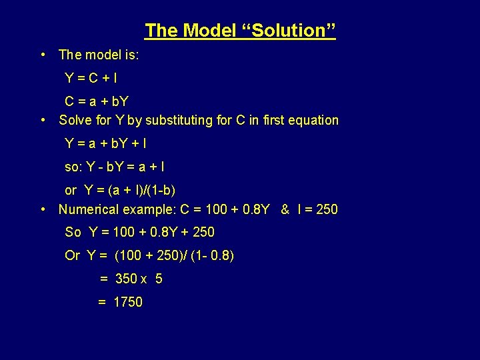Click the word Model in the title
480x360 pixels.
(207, 31)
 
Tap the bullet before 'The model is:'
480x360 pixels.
(42, 55)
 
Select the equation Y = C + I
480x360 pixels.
(91, 78)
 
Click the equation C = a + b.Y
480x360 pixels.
(97, 102)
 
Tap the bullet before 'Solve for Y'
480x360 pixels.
(42, 121)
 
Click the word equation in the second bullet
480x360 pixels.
(312, 121)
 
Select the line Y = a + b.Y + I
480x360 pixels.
(106, 143)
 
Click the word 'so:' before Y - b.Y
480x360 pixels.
(73, 167)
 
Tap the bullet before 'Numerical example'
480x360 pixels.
(42, 209)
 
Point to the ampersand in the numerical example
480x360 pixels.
(285, 209)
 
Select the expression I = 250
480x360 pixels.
(318, 209)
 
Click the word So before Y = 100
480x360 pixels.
(73, 233)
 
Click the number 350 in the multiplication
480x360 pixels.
(126, 279)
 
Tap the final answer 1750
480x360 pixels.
(127, 302)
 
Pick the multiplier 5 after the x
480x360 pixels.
(159, 279)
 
